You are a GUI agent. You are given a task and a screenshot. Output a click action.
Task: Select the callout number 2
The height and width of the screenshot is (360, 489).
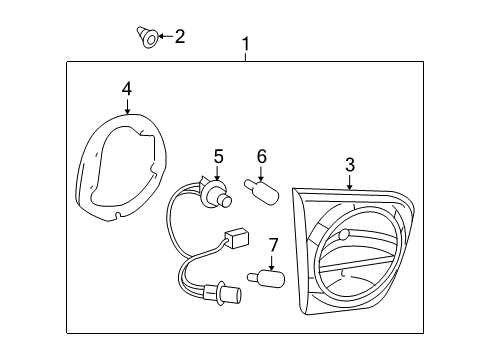coord(180,37)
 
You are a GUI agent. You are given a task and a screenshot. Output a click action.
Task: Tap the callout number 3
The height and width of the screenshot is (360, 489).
coord(350,163)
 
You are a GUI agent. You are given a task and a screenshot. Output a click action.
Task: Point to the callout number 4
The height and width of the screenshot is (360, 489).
coord(127,89)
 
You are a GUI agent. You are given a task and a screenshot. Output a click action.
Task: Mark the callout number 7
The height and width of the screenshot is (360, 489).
coord(273,245)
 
